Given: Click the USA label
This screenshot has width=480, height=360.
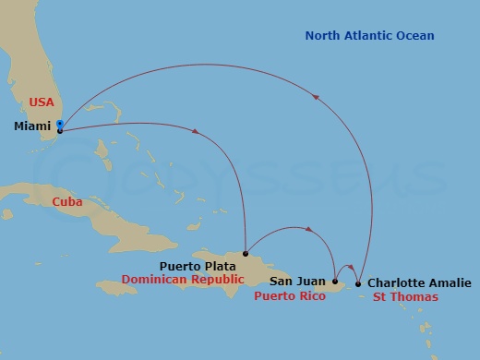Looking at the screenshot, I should click(42, 102).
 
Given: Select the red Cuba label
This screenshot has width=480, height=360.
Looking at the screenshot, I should click(67, 201).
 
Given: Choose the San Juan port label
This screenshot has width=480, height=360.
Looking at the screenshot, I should click(297, 282).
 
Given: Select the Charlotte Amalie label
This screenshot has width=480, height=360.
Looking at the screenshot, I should click(418, 283).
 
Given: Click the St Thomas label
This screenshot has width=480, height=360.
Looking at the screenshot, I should click(405, 297).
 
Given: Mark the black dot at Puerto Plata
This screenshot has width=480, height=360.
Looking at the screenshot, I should click(245, 253).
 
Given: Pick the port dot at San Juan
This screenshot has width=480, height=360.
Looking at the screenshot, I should click(335, 282).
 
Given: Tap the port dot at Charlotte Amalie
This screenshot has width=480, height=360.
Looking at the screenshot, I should click(358, 283).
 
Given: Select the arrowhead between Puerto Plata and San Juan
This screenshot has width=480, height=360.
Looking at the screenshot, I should click(306, 229).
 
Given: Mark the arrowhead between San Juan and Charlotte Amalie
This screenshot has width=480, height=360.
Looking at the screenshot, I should click(351, 269).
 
